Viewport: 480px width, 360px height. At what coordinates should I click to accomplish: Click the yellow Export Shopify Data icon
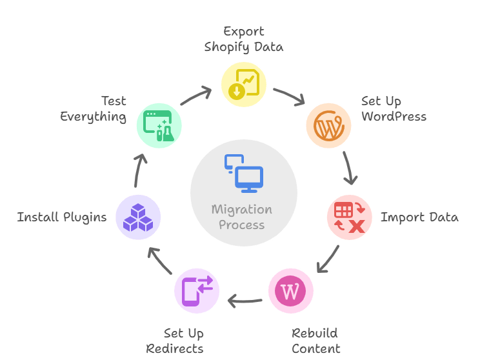244,83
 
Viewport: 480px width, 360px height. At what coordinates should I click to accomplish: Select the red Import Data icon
350,217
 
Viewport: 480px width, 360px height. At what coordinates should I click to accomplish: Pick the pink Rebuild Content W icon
290,291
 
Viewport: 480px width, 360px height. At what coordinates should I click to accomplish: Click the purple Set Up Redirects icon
197,291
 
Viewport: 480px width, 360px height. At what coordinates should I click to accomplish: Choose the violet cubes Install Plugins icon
138,217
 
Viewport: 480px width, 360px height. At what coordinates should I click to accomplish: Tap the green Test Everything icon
159,125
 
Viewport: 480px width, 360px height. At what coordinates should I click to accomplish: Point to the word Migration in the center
242,210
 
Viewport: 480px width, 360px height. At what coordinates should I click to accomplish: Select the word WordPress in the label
394,117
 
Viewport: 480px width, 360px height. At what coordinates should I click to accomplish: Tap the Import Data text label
419,217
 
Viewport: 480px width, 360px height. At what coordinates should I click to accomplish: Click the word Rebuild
314,334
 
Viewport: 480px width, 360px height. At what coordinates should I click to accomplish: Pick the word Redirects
175,349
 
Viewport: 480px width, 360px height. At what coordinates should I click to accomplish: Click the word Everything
93,117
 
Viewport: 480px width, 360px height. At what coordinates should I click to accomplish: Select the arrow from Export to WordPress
289,96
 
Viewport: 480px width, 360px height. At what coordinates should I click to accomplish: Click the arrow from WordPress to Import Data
348,168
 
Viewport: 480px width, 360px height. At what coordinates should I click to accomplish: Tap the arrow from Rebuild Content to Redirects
245,299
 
